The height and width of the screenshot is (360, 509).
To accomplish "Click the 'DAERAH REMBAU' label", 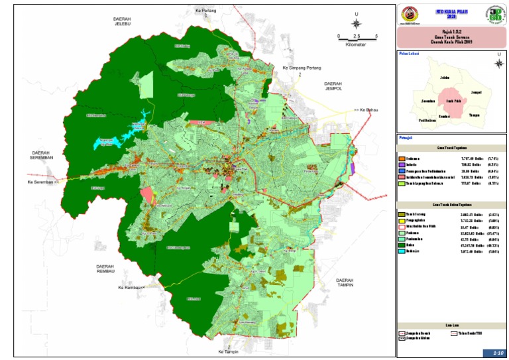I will tap(105, 269).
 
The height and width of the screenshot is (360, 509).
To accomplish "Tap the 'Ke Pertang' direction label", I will tap(207, 11).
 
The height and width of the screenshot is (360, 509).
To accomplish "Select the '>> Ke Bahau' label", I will tap(368, 109).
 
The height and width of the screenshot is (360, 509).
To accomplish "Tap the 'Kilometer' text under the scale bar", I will tap(357, 44).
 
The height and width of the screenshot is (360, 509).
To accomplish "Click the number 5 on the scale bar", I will tap(376, 36).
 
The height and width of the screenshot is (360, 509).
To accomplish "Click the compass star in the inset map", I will tap(498, 64).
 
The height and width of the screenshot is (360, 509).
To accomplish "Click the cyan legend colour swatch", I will tap(402, 251).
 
